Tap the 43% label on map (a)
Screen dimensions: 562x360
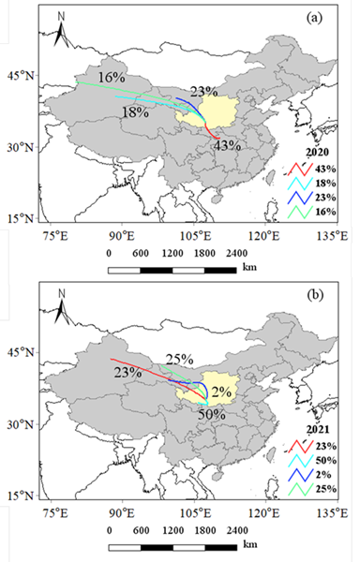(228, 145)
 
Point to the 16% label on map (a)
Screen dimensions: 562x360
(112, 76)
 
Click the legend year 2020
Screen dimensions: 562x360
(320, 150)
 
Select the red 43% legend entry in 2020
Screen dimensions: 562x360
(314, 167)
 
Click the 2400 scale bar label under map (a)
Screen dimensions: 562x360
(235, 253)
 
